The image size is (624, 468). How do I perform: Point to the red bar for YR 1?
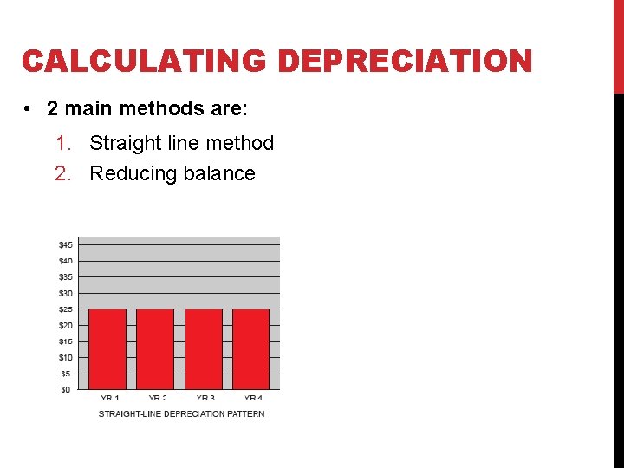tap(108, 349)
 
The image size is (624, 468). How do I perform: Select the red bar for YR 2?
tap(155, 349)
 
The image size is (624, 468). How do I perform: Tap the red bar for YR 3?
tap(204, 349)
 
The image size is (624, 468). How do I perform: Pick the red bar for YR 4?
tap(250, 349)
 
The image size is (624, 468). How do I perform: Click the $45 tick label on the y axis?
tap(65, 244)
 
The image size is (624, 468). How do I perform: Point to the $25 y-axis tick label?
tap(65, 309)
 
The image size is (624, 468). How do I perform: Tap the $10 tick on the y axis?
tap(65, 357)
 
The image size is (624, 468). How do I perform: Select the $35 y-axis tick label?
tap(65, 277)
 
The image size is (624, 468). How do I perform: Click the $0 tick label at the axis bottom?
tap(65, 390)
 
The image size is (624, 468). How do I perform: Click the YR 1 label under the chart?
tap(110, 398)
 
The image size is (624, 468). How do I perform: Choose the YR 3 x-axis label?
tap(205, 398)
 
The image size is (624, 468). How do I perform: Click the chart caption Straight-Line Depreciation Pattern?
tap(181, 414)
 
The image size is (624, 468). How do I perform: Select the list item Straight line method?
tap(181, 143)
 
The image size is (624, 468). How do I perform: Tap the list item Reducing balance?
tap(172, 173)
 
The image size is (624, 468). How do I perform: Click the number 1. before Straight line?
tap(62, 143)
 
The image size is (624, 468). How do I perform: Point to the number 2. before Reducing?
tap(62, 173)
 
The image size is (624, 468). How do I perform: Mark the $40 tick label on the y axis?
tap(65, 261)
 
